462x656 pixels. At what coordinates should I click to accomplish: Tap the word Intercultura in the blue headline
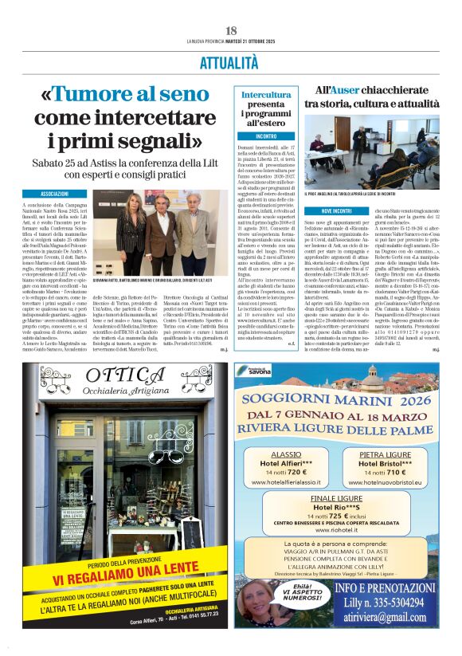tap(266, 95)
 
